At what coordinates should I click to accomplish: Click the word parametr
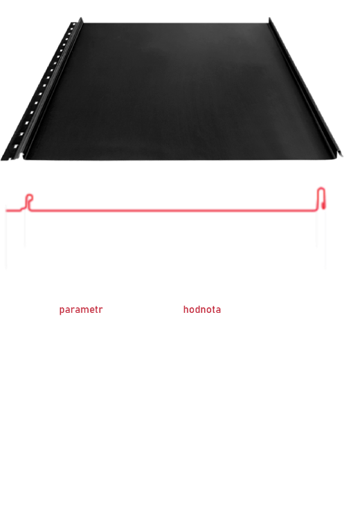pos(81,310)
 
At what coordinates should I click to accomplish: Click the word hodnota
pos(201,309)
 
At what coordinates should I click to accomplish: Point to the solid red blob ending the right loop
pos(323,206)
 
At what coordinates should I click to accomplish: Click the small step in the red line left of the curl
pos(22,209)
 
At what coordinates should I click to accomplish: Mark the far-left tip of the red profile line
pos(6,210)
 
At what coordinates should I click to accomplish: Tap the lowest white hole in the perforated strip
pos(16,147)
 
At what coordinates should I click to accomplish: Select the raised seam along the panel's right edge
pos(305,87)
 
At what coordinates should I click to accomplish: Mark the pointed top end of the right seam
pos(269,18)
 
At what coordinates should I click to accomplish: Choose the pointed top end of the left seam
pos(81,19)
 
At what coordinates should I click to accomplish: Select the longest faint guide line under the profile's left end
pos(6,239)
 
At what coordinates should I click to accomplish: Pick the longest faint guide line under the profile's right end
pos(326,239)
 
